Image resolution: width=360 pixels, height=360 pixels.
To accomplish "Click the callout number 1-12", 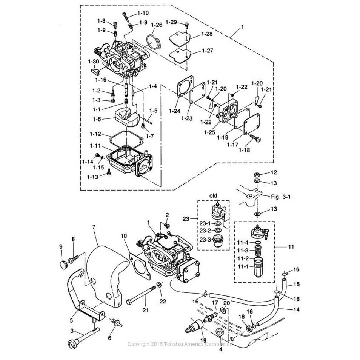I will coord(95,134).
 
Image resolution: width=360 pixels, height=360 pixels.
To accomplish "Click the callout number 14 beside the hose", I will coord(296,308).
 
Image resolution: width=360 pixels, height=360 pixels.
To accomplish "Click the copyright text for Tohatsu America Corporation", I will coord(180,344).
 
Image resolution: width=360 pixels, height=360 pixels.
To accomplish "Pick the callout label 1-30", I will coord(93,61).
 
